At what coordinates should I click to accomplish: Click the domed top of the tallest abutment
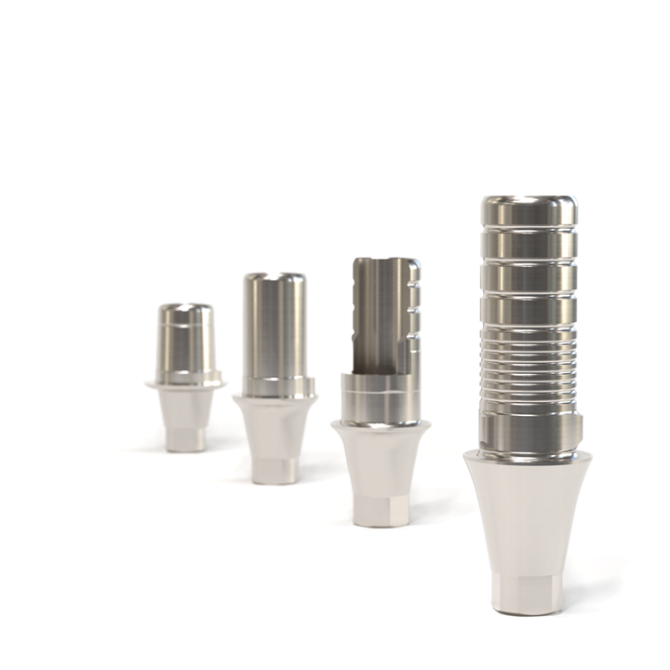click(528, 203)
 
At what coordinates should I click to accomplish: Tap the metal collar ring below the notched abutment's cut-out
click(380, 400)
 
